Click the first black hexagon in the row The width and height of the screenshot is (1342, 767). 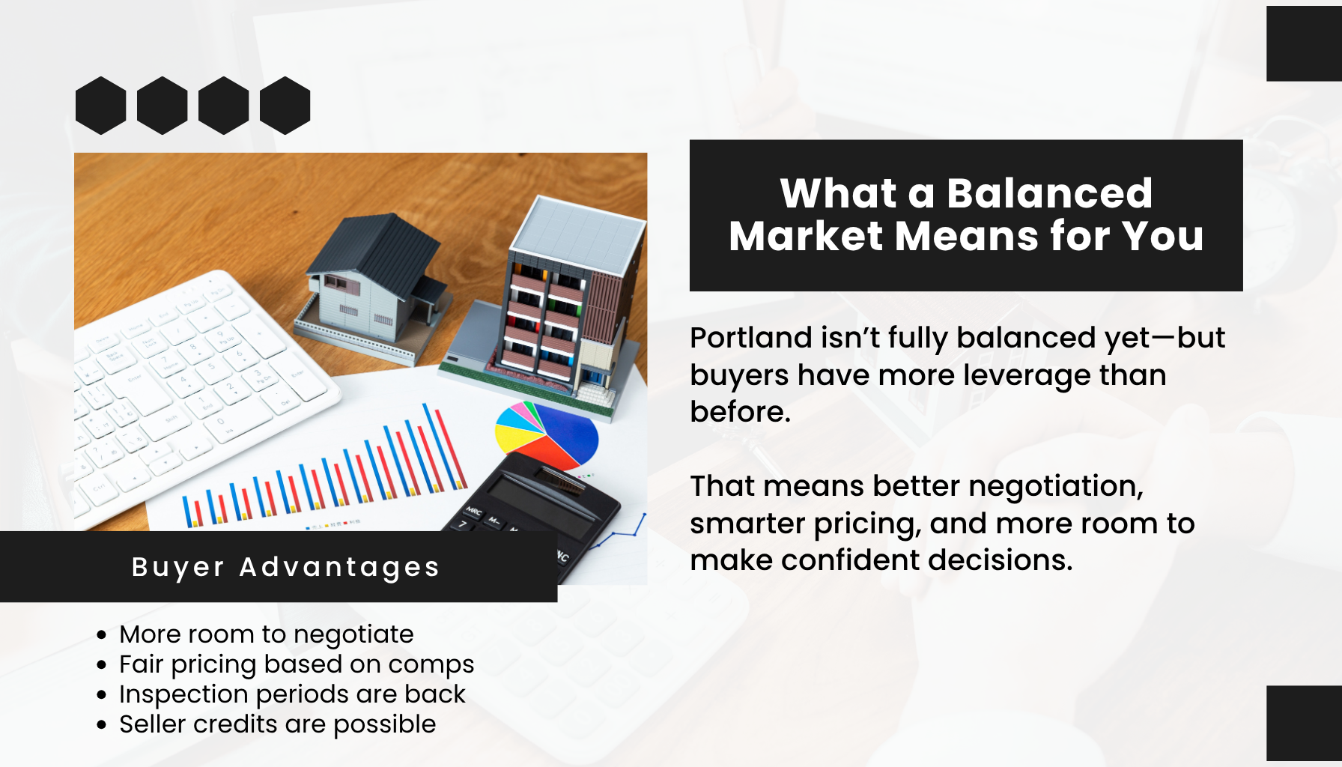(101, 106)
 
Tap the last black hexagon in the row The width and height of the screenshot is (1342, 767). (285, 106)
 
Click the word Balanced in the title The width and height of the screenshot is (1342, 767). (1049, 193)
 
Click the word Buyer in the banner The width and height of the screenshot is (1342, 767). (177, 568)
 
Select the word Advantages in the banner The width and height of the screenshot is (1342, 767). (339, 568)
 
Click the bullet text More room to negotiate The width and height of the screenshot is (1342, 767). (266, 634)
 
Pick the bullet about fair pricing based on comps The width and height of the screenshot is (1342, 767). (297, 664)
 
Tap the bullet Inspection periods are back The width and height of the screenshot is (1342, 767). (292, 694)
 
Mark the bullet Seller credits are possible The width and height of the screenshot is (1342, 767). (277, 724)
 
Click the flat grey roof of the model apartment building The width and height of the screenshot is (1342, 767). (577, 234)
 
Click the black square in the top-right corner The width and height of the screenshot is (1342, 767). (1304, 43)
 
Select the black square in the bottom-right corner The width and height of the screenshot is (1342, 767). (1304, 723)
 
